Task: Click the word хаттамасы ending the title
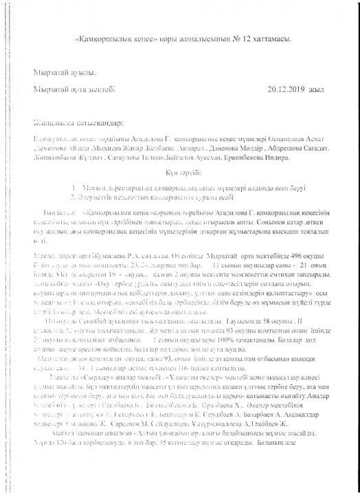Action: pyautogui.click(x=273, y=39)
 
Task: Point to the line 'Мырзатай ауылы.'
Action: pyautogui.click(x=61, y=72)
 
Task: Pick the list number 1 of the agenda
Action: pyautogui.click(x=74, y=187)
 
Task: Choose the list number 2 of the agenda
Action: pyautogui.click(x=74, y=197)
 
